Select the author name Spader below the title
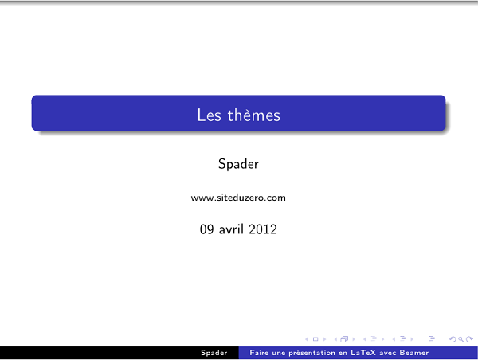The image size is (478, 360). click(238, 164)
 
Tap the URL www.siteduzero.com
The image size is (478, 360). click(238, 197)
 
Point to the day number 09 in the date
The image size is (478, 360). click(207, 229)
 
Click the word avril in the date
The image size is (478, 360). click(233, 229)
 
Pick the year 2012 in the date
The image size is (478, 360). click(264, 229)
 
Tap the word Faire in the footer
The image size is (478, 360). click(258, 352)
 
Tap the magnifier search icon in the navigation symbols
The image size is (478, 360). click(460, 338)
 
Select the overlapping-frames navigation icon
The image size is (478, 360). click(345, 338)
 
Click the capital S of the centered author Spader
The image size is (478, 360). click(222, 164)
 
